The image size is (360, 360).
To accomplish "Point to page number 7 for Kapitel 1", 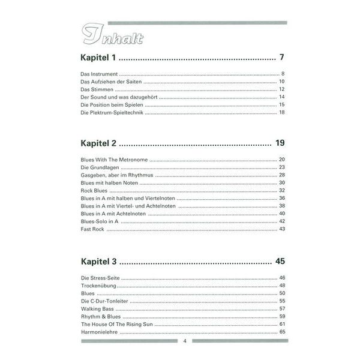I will click(281, 58).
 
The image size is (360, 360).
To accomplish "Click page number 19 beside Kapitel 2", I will click(280, 143).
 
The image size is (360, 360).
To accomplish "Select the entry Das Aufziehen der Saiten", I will click(111, 82).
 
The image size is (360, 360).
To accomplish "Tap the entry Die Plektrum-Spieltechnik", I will click(112, 112).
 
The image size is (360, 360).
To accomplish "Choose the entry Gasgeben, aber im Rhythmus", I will click(116, 175).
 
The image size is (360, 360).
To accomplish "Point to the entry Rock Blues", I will click(94, 190).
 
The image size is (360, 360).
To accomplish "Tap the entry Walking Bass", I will click(96, 308).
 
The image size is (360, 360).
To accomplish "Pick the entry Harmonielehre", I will click(98, 332).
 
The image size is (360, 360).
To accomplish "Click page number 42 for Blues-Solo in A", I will click(281, 221).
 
